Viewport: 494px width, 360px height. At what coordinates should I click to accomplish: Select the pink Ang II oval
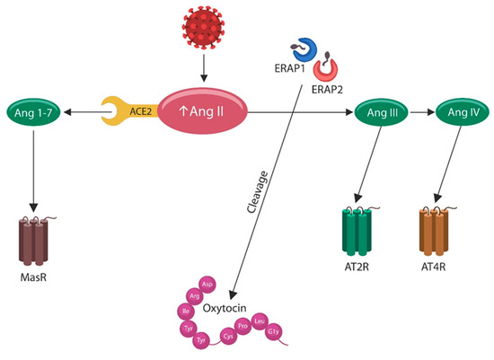point(203,112)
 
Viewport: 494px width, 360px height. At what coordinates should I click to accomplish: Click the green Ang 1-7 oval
point(33,111)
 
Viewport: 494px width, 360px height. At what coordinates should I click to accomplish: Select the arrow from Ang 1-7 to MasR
point(33,167)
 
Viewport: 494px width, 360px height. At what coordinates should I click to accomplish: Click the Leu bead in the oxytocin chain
point(260,320)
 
